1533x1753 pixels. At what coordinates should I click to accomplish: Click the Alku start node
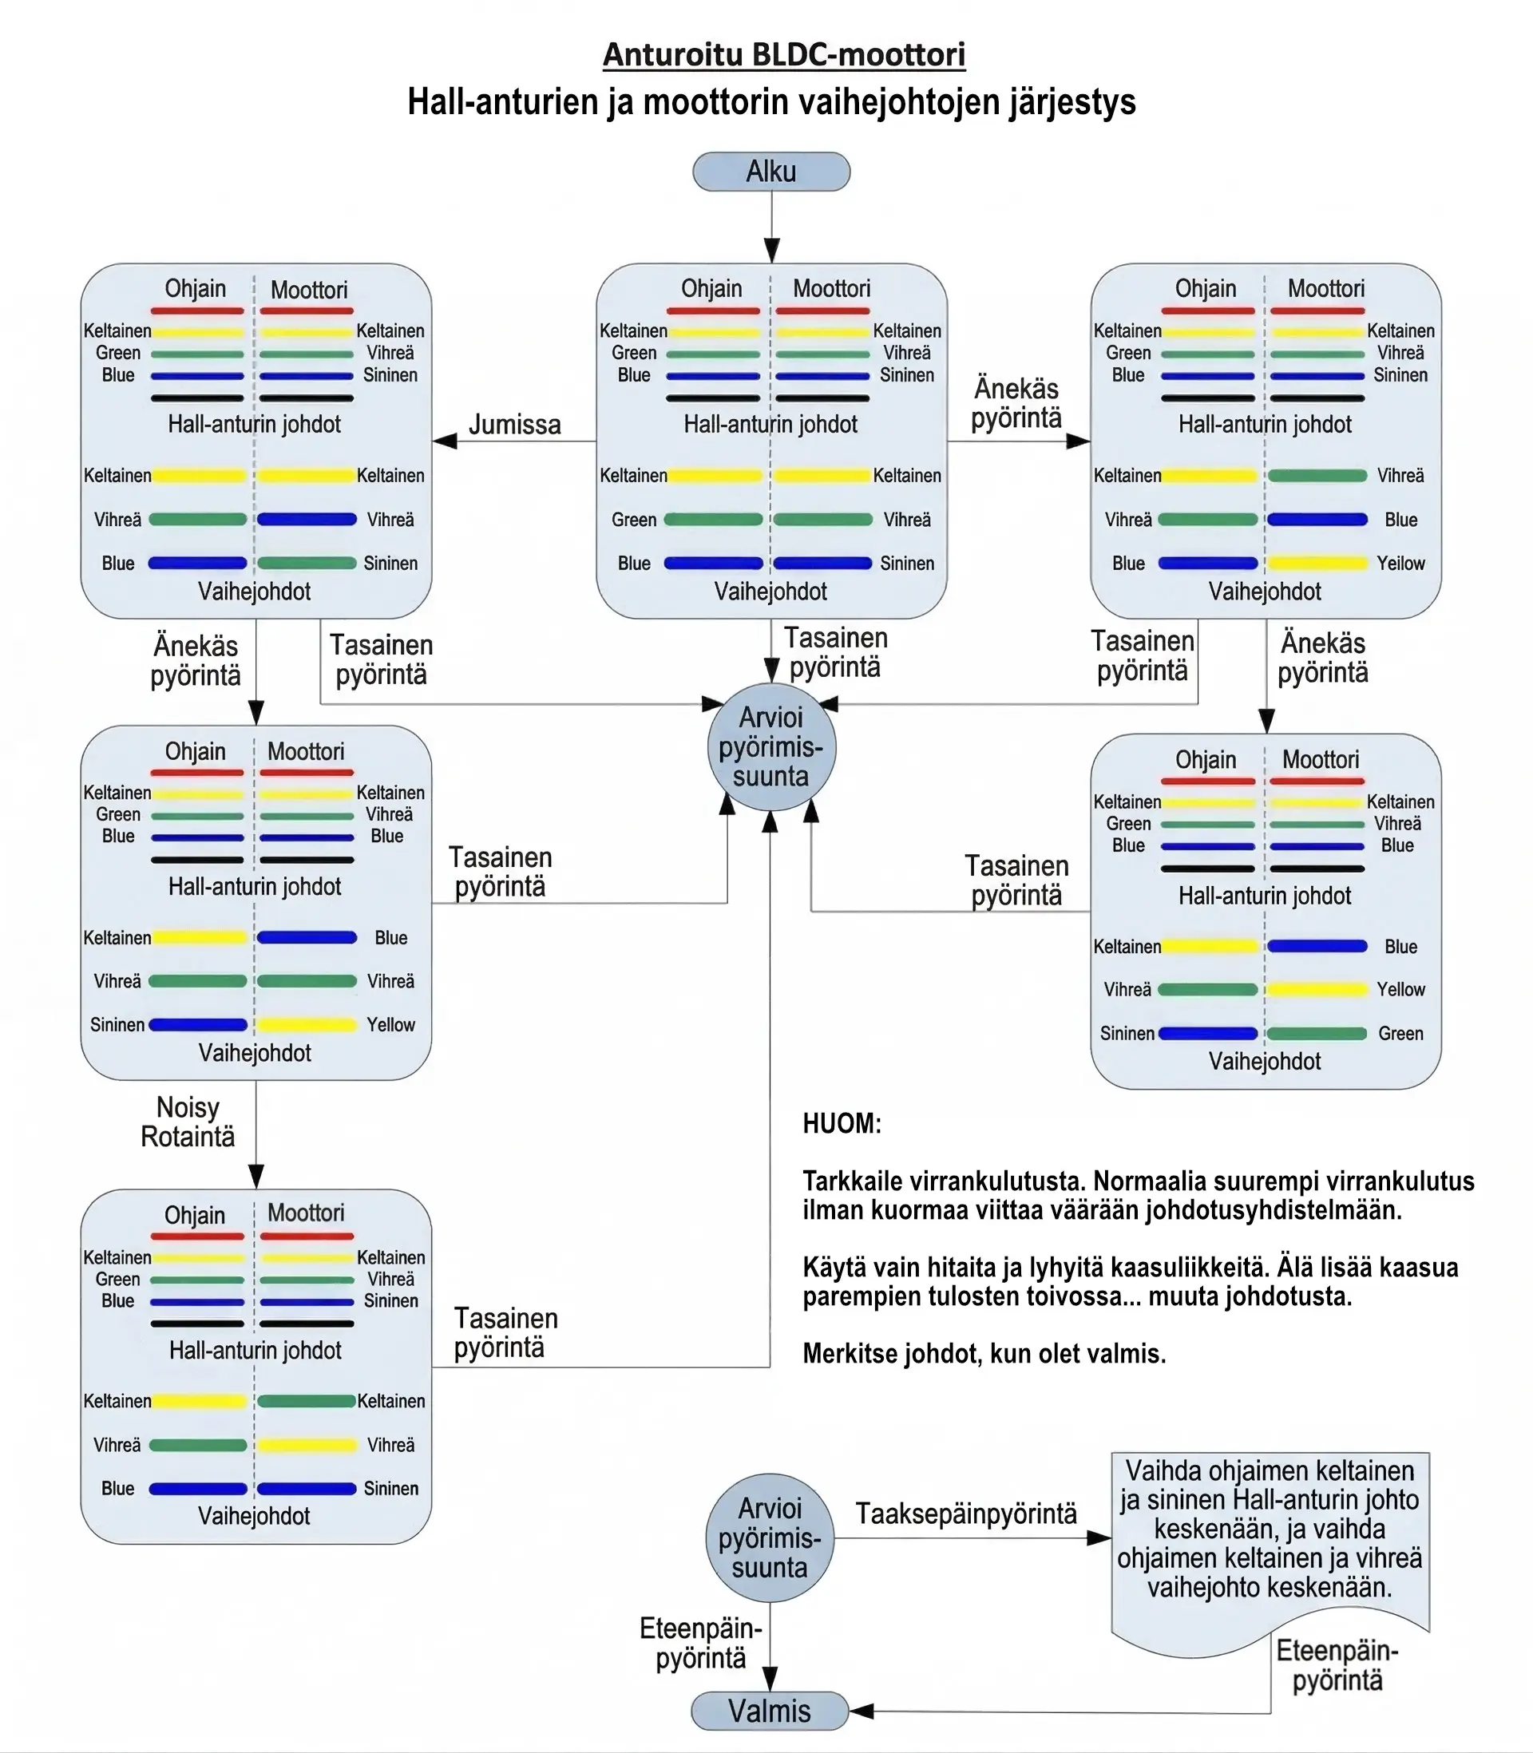[770, 172]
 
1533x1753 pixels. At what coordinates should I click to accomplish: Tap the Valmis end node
[770, 1711]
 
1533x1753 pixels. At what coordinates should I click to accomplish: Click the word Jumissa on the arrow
[515, 424]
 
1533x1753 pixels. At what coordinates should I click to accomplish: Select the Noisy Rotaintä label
[188, 1122]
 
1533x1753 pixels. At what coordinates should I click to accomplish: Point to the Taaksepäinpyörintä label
[967, 1514]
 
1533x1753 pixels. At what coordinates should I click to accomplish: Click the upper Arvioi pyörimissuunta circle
[770, 747]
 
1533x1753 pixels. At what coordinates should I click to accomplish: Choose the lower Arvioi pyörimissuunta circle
[770, 1537]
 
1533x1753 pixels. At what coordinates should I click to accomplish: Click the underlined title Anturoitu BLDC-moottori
[784, 55]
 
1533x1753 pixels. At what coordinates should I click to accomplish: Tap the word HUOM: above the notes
[842, 1124]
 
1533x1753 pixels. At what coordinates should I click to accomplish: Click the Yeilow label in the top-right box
[1401, 564]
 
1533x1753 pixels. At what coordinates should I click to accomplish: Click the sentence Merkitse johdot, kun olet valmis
[984, 1355]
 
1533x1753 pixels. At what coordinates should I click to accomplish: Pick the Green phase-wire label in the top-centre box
[634, 520]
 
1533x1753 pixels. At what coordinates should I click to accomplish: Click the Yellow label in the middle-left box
[391, 1024]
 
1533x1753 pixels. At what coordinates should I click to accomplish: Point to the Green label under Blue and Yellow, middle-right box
[1401, 1034]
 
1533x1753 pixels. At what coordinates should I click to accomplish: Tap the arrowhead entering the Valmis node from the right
[861, 1711]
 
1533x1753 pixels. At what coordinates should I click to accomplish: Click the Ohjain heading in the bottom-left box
[195, 1215]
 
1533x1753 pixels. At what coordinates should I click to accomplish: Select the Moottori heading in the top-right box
[1326, 288]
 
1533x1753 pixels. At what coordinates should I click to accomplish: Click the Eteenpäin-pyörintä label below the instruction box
[1337, 1666]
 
